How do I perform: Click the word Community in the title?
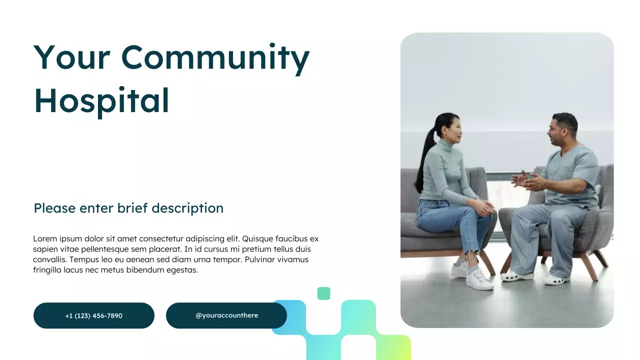pos(215,57)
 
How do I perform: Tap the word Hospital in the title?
pos(101,100)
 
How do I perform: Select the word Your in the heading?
pos(71,57)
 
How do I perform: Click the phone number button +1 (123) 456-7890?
pos(94,315)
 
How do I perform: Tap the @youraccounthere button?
pos(226,315)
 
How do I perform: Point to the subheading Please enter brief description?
pos(128,208)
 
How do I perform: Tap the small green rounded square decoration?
pos(323,293)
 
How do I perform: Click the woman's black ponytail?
pos(426,155)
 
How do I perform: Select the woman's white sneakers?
pos(472,276)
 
